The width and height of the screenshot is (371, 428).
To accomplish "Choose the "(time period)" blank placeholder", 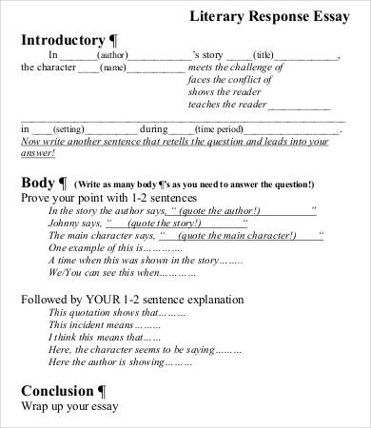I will (219, 127).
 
